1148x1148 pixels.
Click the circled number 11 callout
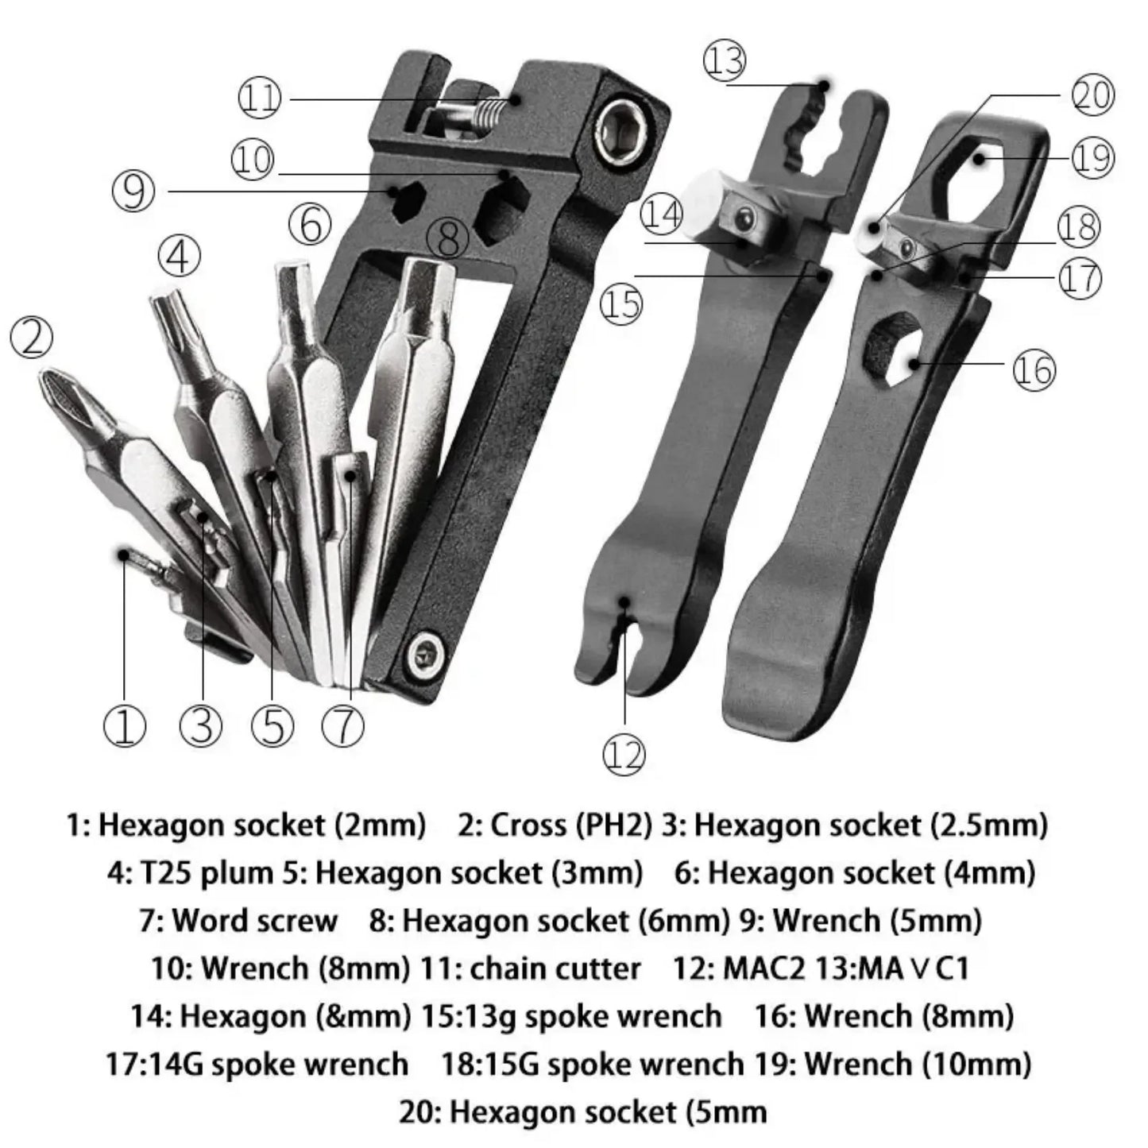coord(260,98)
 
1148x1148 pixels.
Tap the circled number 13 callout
coord(725,61)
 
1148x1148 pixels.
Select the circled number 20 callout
coord(1092,95)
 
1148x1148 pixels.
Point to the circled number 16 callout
coord(1034,370)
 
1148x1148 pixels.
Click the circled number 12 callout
coord(624,753)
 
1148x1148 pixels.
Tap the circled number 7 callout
coord(343,725)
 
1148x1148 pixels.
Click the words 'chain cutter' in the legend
coord(555,968)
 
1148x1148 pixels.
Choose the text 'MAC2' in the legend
coord(763,968)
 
